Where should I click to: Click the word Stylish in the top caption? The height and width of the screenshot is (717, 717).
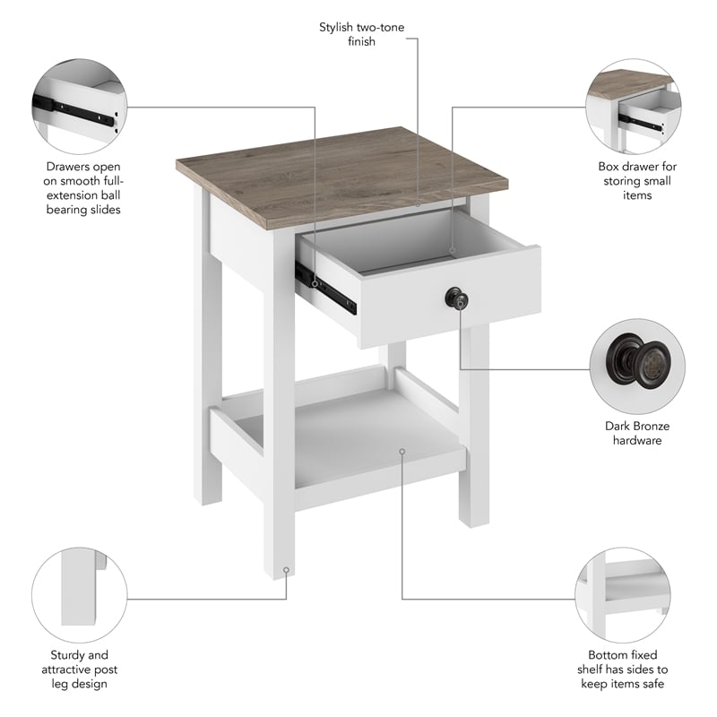[341, 27]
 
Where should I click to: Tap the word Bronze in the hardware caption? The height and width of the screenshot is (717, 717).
[649, 426]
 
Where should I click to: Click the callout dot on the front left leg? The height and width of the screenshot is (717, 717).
[286, 567]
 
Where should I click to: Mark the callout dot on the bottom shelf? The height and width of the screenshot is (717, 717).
[402, 452]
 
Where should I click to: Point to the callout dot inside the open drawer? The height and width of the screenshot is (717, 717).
[453, 250]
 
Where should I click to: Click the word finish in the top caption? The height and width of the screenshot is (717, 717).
[361, 41]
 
